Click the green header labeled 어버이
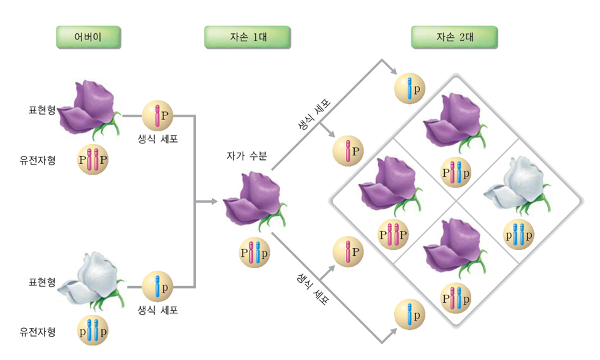[x=88, y=37]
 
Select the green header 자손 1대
[x=247, y=37]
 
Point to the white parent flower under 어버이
[x=89, y=279]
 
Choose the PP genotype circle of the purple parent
[x=93, y=160]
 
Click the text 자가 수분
[x=247, y=157]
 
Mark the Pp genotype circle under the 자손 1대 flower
[x=255, y=253]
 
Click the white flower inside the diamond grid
[x=518, y=186]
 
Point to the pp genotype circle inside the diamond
[x=518, y=235]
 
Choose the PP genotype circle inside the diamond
[x=393, y=235]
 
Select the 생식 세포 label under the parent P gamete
[x=158, y=139]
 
